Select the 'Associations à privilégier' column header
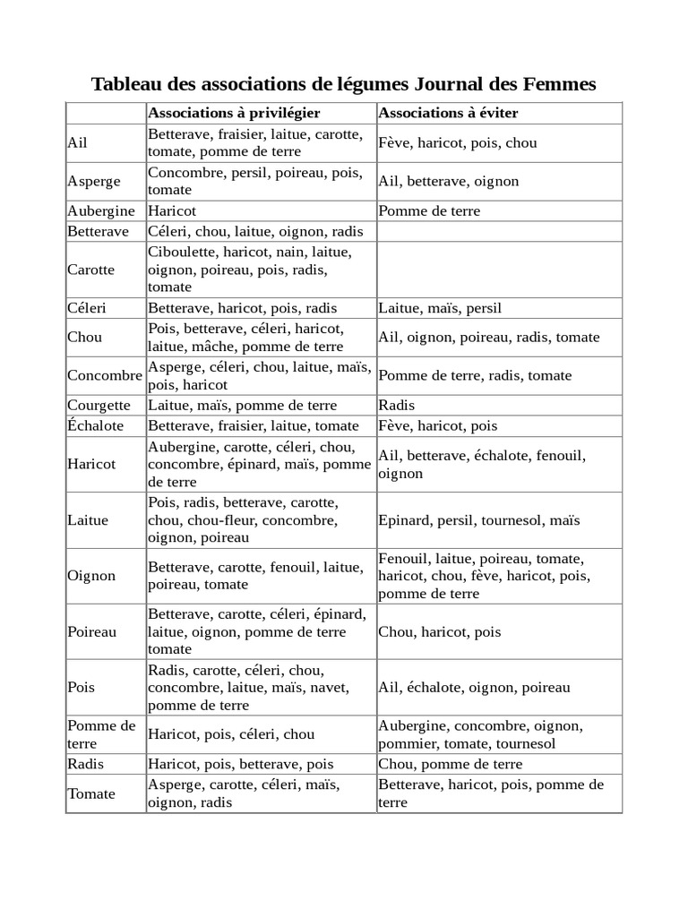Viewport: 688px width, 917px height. point(234,113)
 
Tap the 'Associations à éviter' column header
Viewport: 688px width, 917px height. point(448,113)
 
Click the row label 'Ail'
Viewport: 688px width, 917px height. point(78,142)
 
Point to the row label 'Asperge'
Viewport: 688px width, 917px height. point(94,181)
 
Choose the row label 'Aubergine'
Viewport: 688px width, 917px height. point(101,211)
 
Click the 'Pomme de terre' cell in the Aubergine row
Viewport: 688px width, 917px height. point(429,211)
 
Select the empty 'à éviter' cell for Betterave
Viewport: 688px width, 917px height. point(499,231)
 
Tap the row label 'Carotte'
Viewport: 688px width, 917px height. point(91,270)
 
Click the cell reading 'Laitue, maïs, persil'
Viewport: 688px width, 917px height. point(440,308)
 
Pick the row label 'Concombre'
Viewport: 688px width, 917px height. point(105,375)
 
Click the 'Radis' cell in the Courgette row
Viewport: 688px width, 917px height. point(397,405)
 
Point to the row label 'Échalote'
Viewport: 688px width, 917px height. point(96,425)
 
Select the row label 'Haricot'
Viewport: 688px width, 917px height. point(91,464)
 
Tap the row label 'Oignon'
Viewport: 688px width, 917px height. point(91,576)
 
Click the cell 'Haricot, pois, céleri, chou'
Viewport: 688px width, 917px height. point(231,734)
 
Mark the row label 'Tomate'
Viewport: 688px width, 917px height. point(91,793)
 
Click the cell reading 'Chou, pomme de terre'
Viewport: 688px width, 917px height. point(450,764)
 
